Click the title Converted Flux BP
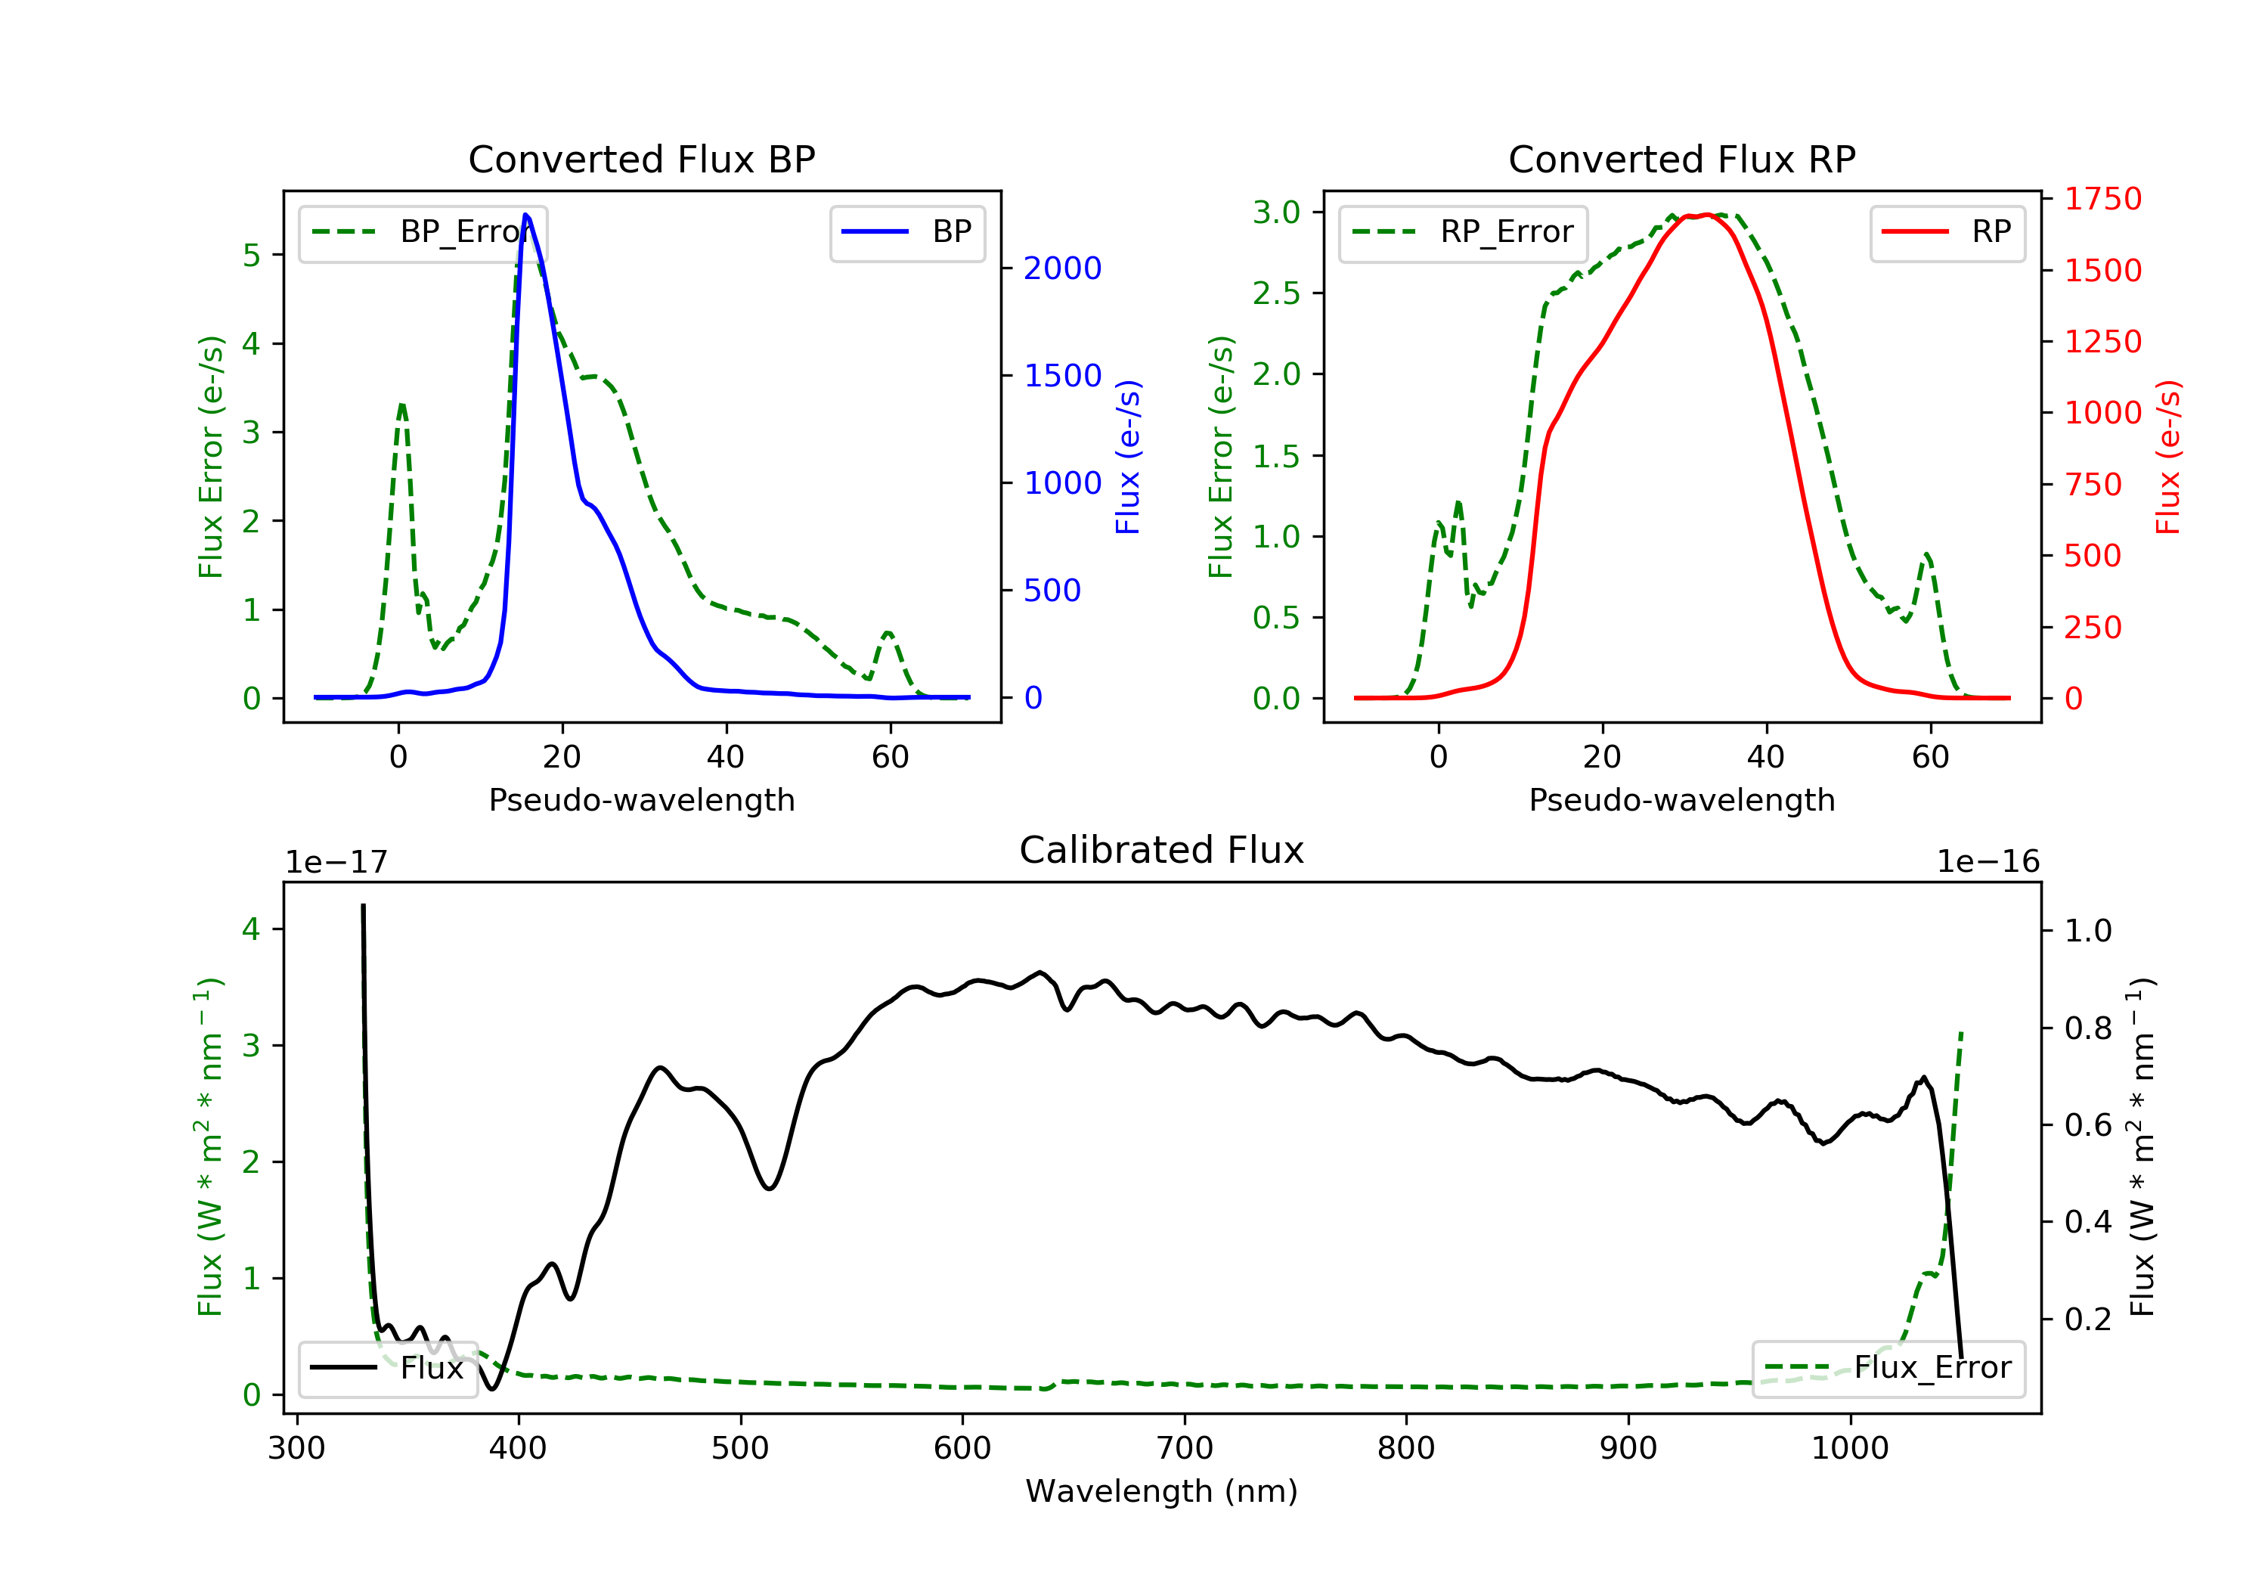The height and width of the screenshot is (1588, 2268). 641,159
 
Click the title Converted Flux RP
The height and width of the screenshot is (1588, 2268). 1681,159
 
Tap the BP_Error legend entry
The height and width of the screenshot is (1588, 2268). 423,232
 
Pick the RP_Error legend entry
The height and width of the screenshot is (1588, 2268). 1463,232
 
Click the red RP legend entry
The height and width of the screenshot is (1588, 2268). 1947,232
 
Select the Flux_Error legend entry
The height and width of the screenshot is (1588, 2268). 1888,1368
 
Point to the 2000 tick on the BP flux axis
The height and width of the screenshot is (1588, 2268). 1062,268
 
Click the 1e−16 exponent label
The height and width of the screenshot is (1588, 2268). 1988,862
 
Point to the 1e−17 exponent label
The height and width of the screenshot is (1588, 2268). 337,863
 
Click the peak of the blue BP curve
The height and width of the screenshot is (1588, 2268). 525,215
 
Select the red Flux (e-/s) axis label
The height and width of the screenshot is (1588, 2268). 2167,457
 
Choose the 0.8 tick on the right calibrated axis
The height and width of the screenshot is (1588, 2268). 2087,1028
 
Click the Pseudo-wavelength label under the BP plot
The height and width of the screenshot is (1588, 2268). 641,799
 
